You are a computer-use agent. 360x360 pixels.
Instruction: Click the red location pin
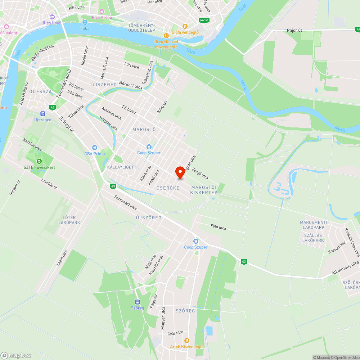180,173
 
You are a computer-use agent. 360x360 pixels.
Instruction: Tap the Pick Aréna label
102,17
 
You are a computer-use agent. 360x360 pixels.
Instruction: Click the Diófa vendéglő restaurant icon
185,26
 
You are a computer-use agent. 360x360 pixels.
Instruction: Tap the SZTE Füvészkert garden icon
39,161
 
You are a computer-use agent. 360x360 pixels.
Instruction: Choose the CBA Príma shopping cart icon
95,147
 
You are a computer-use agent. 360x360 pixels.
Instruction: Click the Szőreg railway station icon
138,302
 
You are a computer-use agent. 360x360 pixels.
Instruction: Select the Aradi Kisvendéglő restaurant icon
187,340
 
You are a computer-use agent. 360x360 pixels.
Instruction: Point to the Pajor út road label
294,31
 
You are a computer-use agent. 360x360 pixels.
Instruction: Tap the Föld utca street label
218,227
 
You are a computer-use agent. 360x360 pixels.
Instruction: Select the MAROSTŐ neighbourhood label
144,129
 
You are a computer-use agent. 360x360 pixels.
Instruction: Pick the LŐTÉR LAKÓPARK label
69,220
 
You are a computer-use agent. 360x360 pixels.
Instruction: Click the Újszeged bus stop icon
43,113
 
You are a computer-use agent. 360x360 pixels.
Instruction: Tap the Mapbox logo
16,355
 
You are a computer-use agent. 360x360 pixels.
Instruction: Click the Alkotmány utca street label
346,268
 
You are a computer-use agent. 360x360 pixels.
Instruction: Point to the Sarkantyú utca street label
125,202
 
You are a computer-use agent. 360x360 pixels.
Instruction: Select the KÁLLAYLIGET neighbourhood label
120,167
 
